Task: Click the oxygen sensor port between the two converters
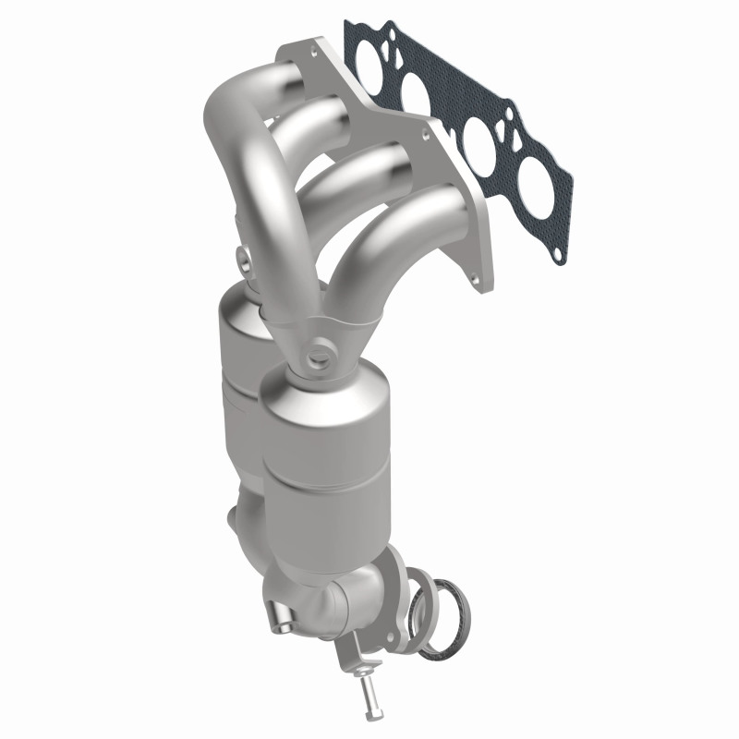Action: (x=321, y=351)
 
